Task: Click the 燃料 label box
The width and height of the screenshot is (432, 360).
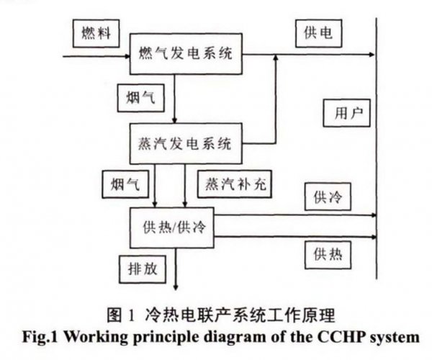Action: click(x=96, y=33)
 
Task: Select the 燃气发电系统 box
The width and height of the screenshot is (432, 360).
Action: click(x=186, y=54)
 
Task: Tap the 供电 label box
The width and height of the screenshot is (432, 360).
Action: click(x=319, y=33)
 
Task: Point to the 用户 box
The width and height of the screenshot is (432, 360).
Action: click(x=346, y=113)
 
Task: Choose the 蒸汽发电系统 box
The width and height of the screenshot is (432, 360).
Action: click(x=186, y=143)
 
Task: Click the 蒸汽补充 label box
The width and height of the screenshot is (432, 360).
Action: click(x=235, y=184)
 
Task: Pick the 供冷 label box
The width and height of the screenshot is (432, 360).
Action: click(x=328, y=197)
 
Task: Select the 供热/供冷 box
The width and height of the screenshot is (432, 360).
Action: click(x=172, y=228)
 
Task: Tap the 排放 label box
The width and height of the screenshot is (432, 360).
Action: click(x=143, y=269)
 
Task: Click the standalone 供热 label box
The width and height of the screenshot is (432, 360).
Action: click(x=328, y=255)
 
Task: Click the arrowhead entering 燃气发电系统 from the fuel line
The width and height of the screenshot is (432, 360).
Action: click(x=127, y=56)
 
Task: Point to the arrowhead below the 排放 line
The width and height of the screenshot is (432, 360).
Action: click(x=176, y=287)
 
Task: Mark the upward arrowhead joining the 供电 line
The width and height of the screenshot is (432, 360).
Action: click(x=276, y=57)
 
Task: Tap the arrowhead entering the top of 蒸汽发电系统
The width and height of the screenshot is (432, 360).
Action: click(x=174, y=121)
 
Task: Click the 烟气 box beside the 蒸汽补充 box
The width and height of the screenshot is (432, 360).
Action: click(x=125, y=184)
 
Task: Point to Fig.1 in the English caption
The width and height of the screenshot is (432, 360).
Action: click(x=40, y=337)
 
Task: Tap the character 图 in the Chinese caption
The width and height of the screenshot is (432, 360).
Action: click(x=114, y=315)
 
